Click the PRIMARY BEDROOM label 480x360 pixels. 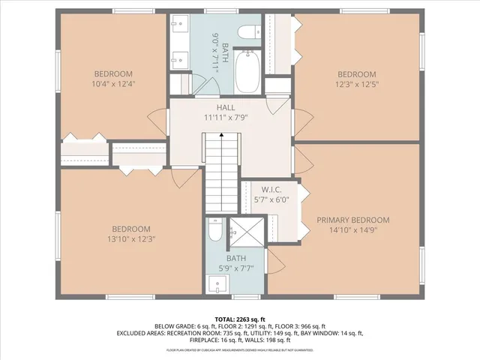[x=352, y=220]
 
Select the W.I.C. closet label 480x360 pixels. [x=271, y=189]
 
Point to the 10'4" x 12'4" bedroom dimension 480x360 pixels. [x=113, y=84]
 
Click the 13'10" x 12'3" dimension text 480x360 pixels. [x=131, y=238]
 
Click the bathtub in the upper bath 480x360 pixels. [x=247, y=71]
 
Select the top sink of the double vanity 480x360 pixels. [x=178, y=28]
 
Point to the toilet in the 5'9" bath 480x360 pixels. [x=214, y=235]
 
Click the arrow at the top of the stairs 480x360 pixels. [x=222, y=134]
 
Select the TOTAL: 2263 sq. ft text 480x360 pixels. [x=241, y=319]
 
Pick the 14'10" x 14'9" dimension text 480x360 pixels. [x=352, y=229]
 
